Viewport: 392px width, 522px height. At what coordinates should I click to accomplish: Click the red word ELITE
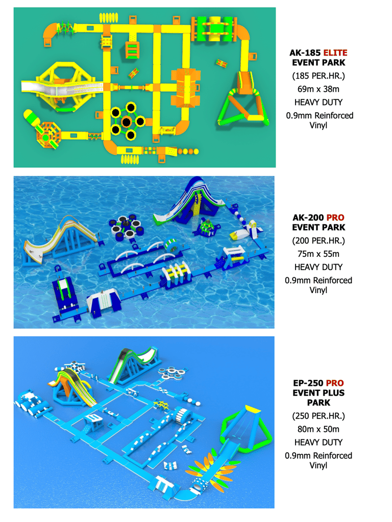coord(335,53)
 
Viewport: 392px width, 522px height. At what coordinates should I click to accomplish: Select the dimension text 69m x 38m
coord(318,89)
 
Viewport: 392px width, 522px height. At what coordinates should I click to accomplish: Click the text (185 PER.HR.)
coord(318,76)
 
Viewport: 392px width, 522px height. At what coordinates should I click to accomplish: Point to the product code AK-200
coord(308,217)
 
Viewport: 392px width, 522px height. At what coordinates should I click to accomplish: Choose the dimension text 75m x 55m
coord(318,254)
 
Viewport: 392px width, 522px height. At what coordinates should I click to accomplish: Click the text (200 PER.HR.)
coord(318,241)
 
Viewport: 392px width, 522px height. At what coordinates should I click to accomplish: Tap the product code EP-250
coord(308,383)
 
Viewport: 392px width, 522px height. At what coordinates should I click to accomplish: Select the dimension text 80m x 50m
coord(318,429)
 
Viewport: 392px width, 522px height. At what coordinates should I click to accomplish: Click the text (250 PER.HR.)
coord(318,416)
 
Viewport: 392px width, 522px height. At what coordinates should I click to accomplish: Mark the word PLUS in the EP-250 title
coord(332,393)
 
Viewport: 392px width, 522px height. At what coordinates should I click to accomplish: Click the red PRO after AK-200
coord(335,217)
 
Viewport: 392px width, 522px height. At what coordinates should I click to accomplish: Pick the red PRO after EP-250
coord(335,383)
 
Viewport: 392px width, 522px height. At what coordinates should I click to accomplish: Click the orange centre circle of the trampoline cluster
coord(126,122)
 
